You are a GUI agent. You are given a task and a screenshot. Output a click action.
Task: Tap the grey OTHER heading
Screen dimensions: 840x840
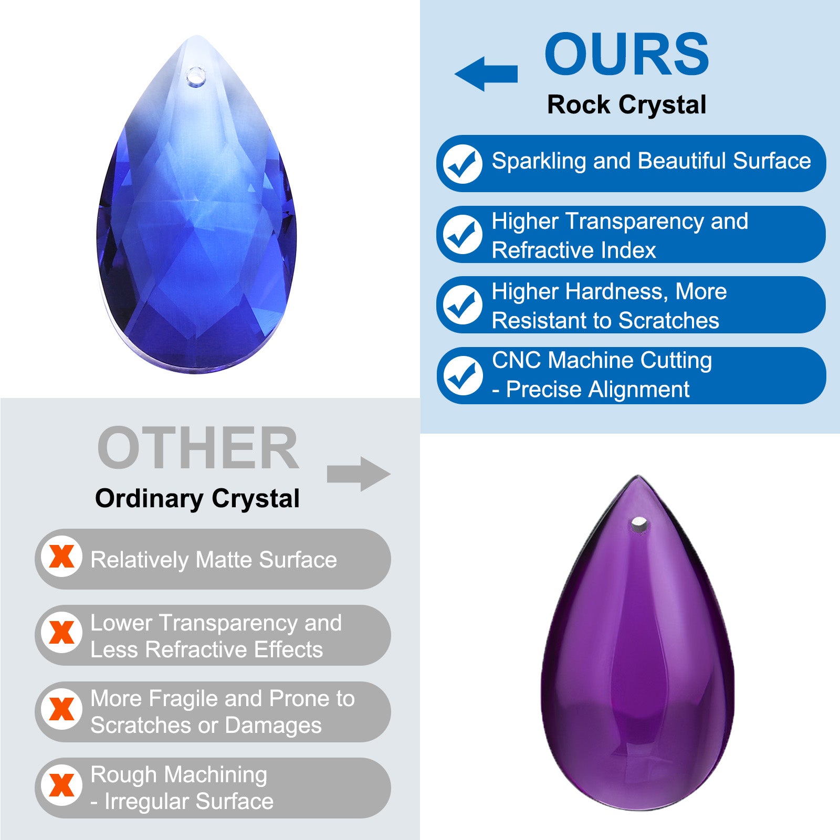click(198, 448)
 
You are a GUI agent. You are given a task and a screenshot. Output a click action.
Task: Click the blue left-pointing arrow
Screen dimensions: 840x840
click(486, 73)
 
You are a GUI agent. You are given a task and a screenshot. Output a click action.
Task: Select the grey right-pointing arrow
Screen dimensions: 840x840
click(359, 474)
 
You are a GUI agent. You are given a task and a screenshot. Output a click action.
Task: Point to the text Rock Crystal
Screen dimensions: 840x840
click(626, 105)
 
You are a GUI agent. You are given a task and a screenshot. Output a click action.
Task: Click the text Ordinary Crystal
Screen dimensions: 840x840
click(197, 499)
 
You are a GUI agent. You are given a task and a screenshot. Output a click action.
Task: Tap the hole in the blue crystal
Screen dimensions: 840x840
click(195, 77)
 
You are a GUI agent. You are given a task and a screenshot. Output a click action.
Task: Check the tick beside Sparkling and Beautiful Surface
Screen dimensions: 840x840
click(463, 164)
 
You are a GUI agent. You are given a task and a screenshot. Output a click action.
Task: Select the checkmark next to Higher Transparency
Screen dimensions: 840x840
click(463, 234)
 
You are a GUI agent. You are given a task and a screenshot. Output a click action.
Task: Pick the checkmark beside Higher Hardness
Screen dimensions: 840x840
click(463, 304)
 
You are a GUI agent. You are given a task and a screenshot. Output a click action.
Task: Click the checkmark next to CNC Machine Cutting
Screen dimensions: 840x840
click(463, 375)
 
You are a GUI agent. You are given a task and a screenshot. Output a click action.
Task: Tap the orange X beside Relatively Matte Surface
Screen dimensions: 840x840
click(62, 556)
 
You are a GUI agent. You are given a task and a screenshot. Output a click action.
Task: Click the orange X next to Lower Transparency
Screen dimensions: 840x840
click(62, 633)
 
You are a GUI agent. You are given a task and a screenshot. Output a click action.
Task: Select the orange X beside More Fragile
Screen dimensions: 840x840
click(62, 709)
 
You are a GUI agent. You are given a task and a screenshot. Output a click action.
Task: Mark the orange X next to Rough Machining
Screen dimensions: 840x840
click(62, 785)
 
